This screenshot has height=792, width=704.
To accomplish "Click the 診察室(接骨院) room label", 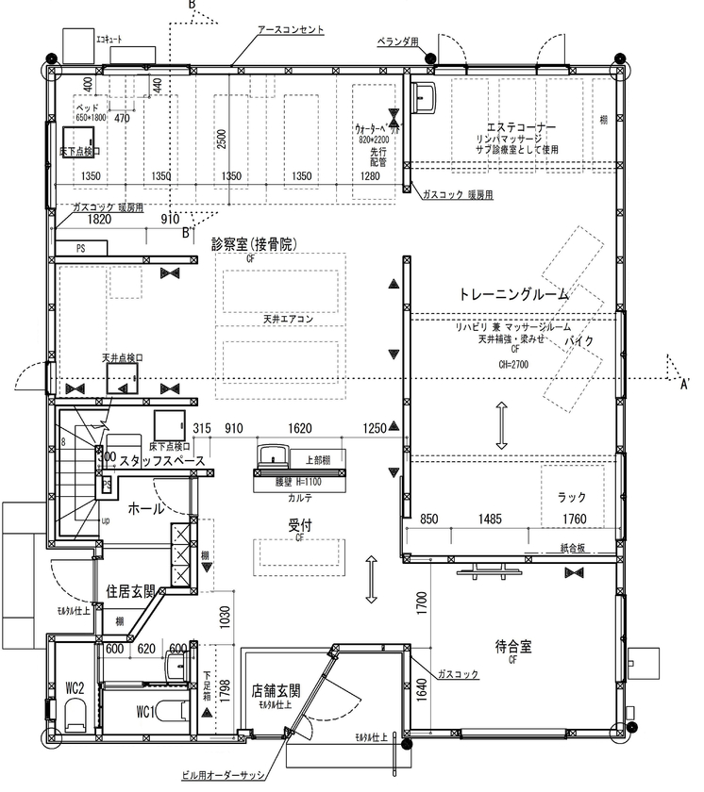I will [254, 243].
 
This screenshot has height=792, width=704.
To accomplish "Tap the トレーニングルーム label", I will [513, 294].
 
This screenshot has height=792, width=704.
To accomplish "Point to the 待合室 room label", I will [513, 648].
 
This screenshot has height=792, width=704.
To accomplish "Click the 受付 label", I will [300, 525].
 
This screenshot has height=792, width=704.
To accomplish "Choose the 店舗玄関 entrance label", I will [275, 690].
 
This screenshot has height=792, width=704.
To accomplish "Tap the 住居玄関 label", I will [130, 592].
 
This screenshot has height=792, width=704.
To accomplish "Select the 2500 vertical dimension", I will [221, 140].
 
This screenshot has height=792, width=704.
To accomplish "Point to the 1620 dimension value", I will [299, 429].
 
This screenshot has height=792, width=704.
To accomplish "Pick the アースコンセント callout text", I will [291, 30].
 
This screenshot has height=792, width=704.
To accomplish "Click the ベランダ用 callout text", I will [397, 41].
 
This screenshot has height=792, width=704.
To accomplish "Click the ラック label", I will [572, 499].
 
